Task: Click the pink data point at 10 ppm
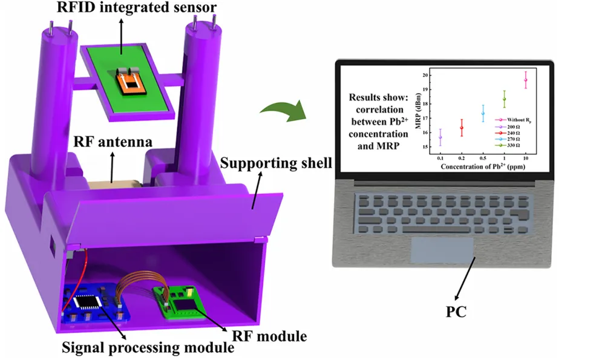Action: (x=525, y=80)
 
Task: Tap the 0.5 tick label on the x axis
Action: (x=482, y=157)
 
